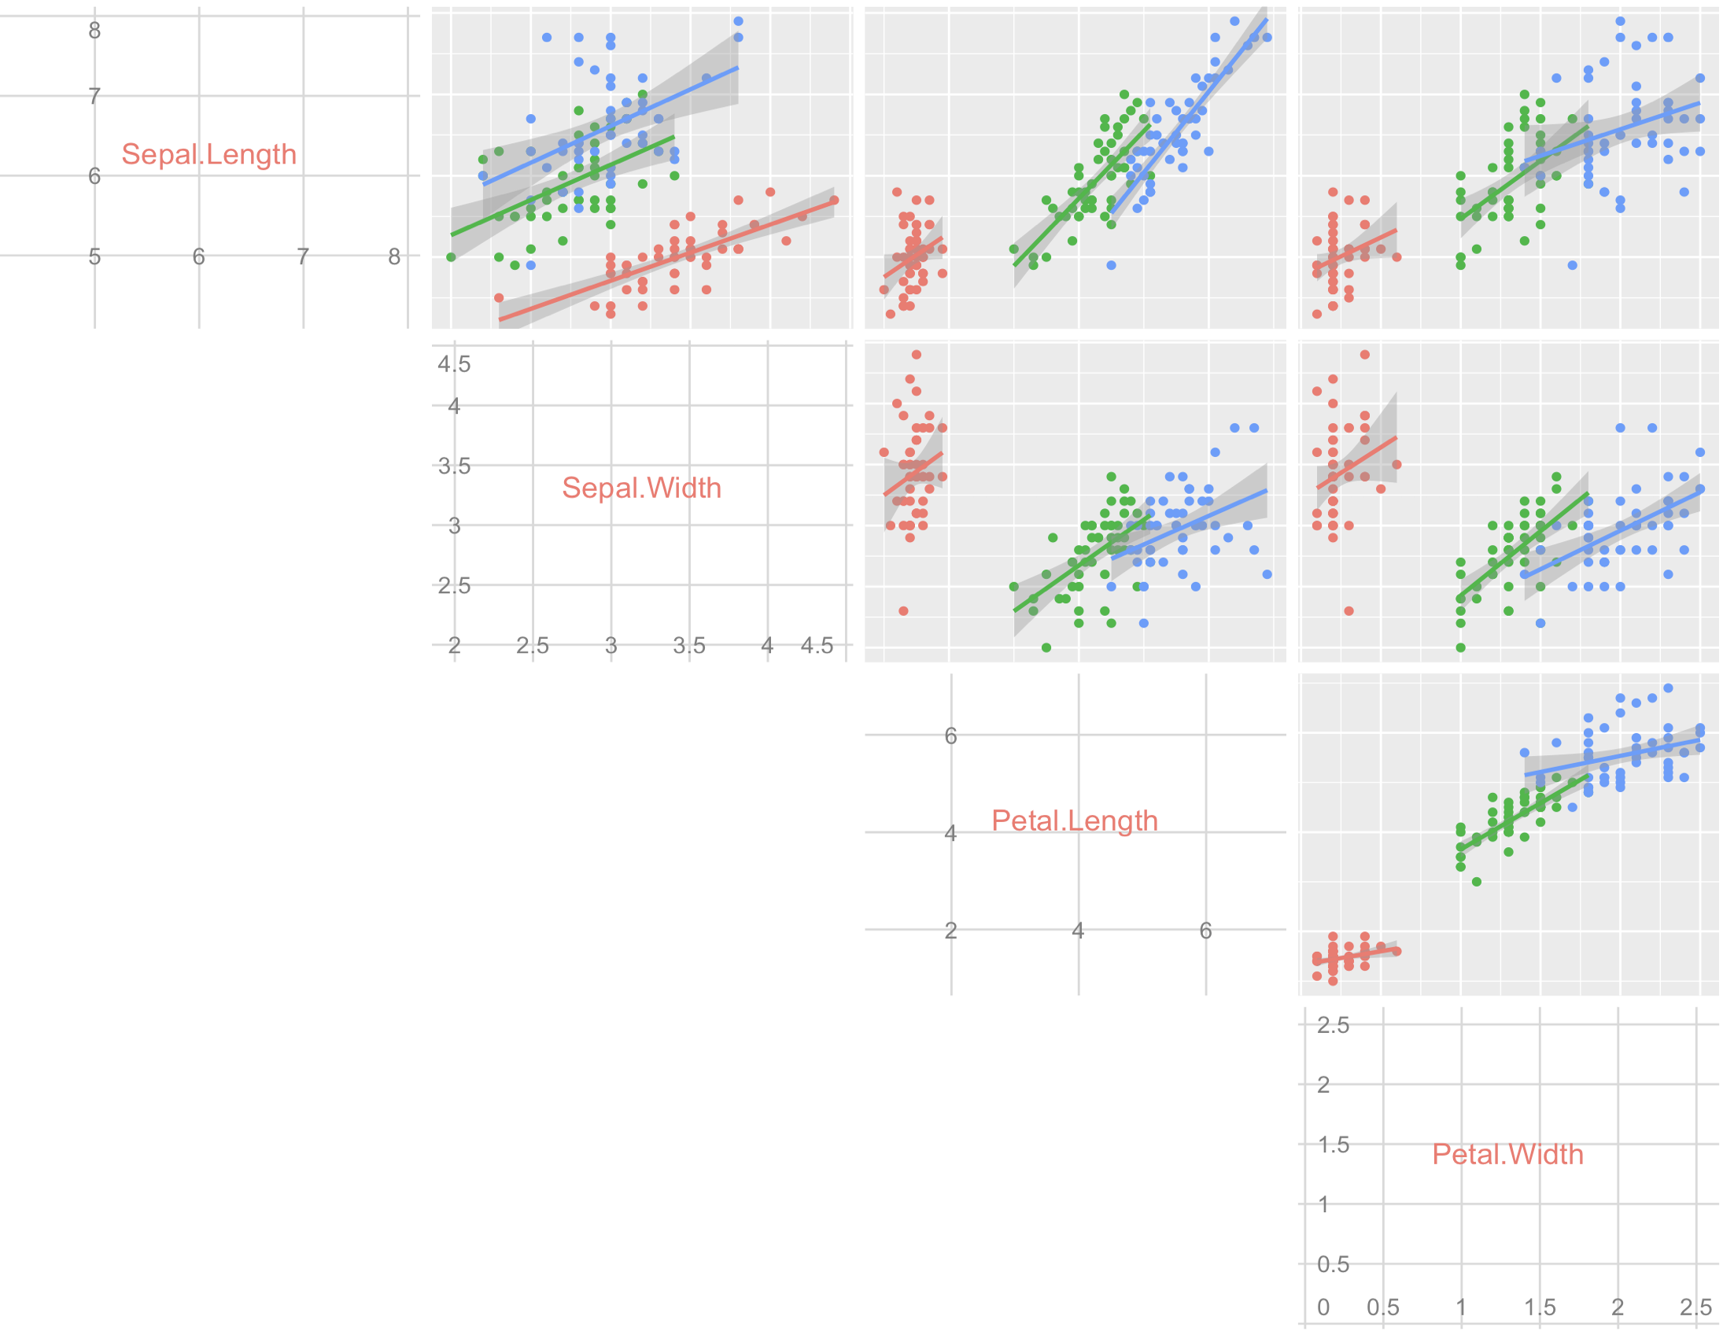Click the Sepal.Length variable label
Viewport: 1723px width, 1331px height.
[x=209, y=154]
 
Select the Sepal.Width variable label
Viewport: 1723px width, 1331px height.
[x=641, y=488]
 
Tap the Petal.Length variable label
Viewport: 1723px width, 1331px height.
[x=1075, y=820]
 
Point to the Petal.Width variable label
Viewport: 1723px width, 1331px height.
[x=1507, y=1154]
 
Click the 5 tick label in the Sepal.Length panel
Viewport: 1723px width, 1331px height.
[x=94, y=256]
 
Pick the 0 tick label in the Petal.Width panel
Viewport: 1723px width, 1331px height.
[x=1324, y=1307]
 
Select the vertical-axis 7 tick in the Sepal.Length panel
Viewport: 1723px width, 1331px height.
[x=94, y=96]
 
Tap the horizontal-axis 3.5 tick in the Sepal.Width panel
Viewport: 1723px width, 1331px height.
[x=688, y=645]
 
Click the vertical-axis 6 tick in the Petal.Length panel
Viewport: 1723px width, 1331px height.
[x=950, y=736]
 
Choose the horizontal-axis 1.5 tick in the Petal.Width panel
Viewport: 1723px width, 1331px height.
[x=1540, y=1307]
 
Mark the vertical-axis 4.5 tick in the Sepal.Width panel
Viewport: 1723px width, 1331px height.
[x=455, y=363]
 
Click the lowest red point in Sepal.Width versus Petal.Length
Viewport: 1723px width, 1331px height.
[x=903, y=610]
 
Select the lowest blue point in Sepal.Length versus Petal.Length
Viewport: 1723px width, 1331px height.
[x=1111, y=265]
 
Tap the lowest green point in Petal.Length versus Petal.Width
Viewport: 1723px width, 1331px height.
[x=1477, y=881]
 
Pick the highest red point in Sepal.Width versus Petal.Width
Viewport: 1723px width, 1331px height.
[x=1365, y=354]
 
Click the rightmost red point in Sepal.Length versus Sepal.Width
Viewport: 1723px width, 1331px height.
[x=834, y=201]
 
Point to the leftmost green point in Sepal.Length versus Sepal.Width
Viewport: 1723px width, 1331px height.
[x=452, y=257]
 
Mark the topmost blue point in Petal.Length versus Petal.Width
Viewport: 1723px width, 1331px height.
[x=1668, y=688]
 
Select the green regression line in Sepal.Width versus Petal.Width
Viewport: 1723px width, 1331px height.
[x=1522, y=544]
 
